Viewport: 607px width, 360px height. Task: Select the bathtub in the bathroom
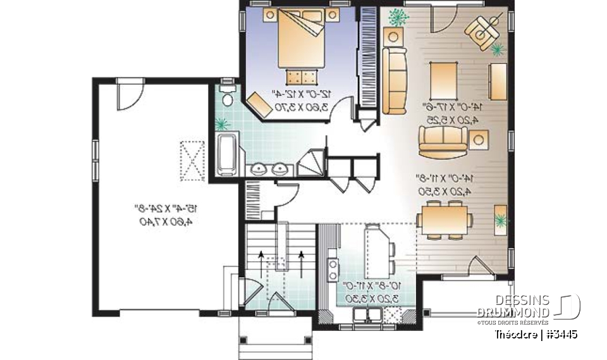pyautogui.click(x=227, y=153)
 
